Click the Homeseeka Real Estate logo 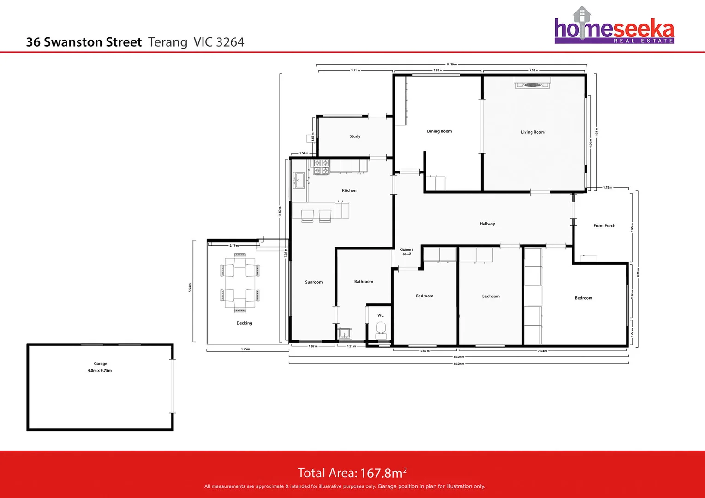[x=614, y=27]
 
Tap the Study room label [x=355, y=136]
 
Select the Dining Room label [x=439, y=131]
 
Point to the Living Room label [x=532, y=132]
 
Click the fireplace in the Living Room [x=532, y=84]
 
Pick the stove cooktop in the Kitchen [x=321, y=167]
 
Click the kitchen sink [x=299, y=180]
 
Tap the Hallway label [x=487, y=224]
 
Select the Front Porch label [x=604, y=226]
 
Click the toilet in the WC [x=381, y=329]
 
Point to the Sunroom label [x=314, y=282]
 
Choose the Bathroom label [x=364, y=282]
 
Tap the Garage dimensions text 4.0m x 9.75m [x=100, y=371]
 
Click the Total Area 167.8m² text [x=352, y=473]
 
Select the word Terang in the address [x=167, y=42]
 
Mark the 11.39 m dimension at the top [x=451, y=65]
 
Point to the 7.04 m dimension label [x=542, y=351]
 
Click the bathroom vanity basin [x=345, y=333]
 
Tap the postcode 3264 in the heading [x=230, y=42]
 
